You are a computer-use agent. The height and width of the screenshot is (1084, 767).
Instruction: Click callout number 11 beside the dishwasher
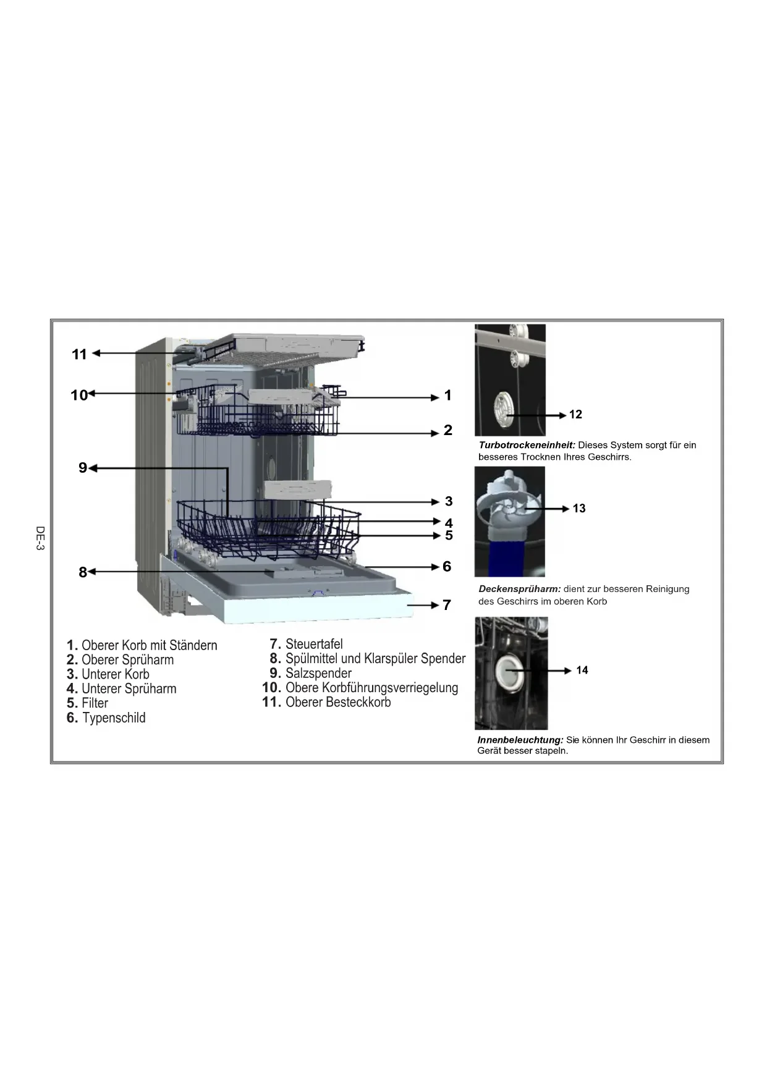[x=79, y=354]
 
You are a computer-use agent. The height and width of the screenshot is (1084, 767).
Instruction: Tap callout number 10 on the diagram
[x=78, y=395]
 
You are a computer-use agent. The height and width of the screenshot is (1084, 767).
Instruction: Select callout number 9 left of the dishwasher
[x=83, y=468]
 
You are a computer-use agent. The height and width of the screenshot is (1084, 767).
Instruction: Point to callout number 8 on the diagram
[x=83, y=572]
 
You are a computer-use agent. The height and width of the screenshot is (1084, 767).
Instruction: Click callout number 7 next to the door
[x=447, y=605]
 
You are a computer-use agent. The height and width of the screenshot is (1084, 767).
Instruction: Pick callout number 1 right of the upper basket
[x=448, y=396]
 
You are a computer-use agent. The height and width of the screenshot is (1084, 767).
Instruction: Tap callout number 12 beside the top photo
[x=575, y=415]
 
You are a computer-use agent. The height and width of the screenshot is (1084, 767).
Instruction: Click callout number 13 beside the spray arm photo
[x=579, y=509]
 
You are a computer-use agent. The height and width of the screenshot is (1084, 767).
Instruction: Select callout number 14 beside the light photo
[x=582, y=671]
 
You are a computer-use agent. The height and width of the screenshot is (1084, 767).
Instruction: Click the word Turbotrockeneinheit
[x=527, y=445]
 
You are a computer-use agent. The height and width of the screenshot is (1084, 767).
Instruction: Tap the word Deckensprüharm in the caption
[x=519, y=589]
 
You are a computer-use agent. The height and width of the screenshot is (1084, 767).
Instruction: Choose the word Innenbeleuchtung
[x=520, y=740]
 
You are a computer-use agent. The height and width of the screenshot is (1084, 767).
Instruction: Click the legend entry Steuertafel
[x=314, y=644]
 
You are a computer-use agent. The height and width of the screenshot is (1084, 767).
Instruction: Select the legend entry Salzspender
[x=318, y=673]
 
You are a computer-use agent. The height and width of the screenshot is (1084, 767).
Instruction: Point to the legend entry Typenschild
[x=114, y=718]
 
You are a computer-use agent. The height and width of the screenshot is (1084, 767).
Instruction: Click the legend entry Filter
[x=95, y=703]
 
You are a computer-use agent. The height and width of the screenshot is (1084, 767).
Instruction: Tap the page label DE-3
[x=40, y=538]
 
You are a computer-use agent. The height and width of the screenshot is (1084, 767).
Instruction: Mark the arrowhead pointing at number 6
[x=435, y=567]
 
